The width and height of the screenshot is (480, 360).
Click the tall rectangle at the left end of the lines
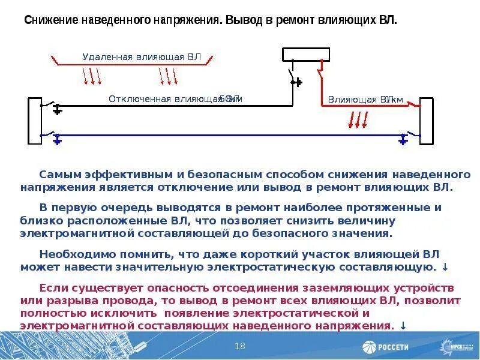coord(34,121)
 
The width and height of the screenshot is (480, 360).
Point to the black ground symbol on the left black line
coord(57,110)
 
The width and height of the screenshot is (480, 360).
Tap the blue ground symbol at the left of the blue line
coord(57,140)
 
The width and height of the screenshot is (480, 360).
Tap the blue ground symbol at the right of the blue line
coord(403,140)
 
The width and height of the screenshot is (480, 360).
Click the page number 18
coord(240,346)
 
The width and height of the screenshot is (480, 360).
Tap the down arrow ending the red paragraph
coord(403,326)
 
